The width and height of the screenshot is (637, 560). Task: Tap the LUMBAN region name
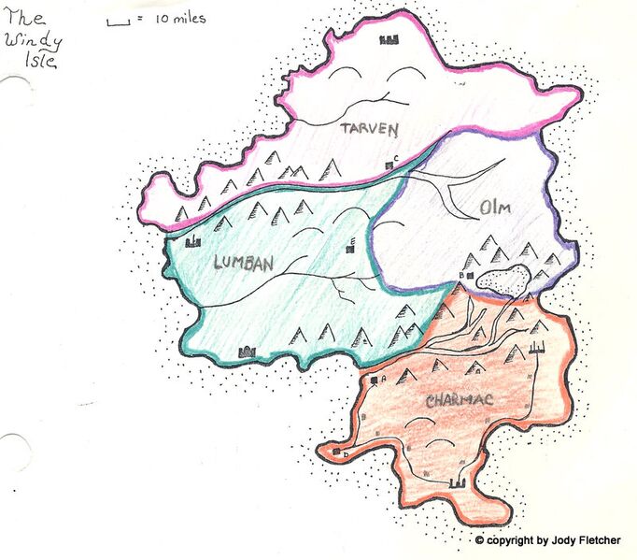(x=243, y=264)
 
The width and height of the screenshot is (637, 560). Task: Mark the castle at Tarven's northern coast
(x=389, y=39)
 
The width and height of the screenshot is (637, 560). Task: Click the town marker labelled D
(x=336, y=452)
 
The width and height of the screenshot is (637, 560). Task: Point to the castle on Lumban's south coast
(x=248, y=352)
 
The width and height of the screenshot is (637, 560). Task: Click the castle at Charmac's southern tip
(x=458, y=482)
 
